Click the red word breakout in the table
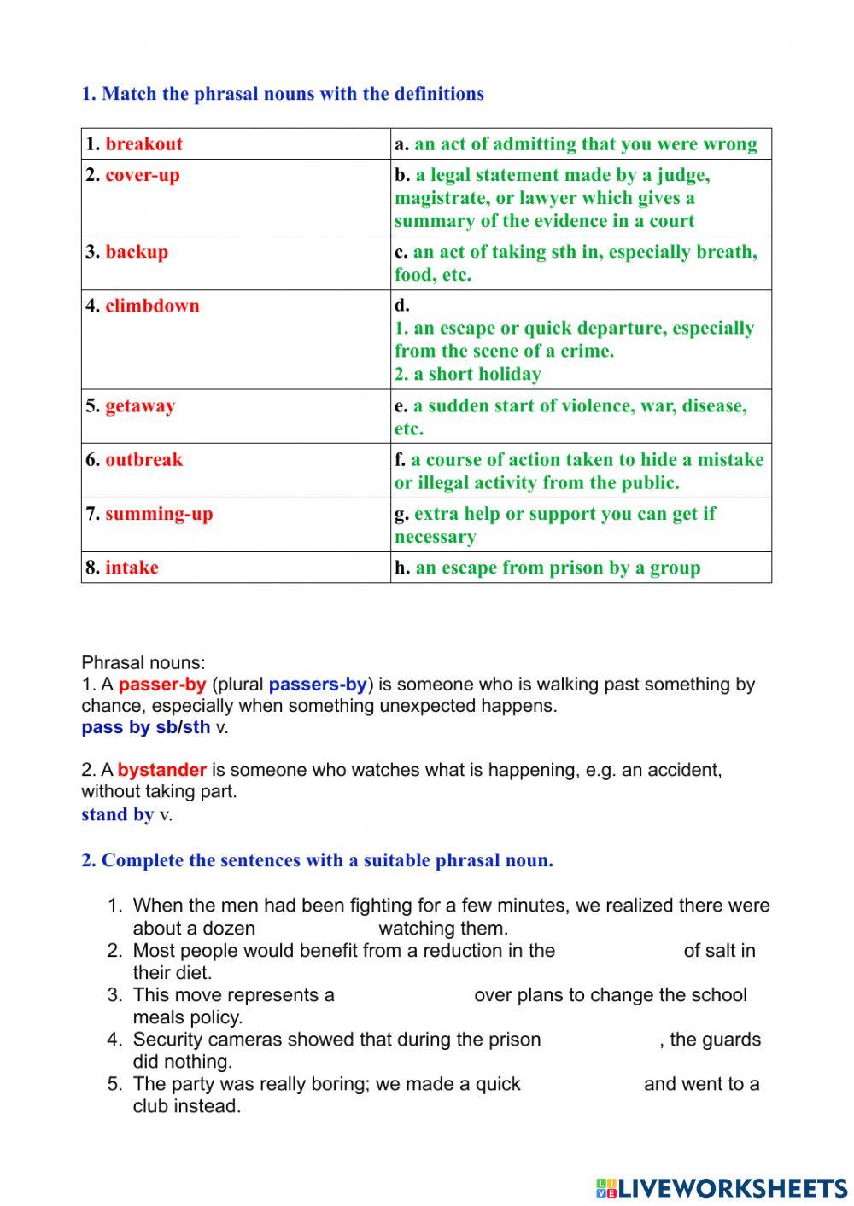coord(143,143)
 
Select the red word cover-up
coord(143,175)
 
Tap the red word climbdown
coord(152,306)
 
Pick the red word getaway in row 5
coord(140,405)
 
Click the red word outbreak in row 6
coord(143,459)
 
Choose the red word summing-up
coord(159,514)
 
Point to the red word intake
coord(132,568)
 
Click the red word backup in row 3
coord(137,252)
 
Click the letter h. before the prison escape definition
coord(402,568)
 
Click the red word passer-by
coord(162,685)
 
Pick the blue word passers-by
coord(318,685)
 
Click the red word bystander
coord(161,770)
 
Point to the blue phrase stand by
coord(117,814)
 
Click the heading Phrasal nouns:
coord(143,662)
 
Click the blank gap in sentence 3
coord(403,995)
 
